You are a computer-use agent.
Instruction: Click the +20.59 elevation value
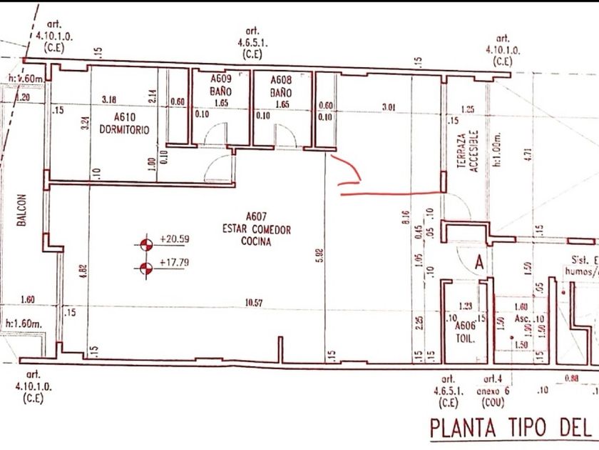(x=175, y=239)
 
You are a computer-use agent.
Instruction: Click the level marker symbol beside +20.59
(x=147, y=244)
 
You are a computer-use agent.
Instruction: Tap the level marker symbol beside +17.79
(x=147, y=269)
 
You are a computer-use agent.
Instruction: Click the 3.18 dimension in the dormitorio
(x=110, y=99)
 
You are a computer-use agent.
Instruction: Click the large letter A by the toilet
(x=480, y=263)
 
